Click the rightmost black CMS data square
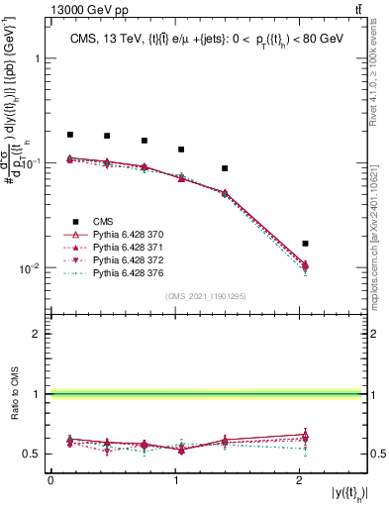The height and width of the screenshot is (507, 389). pyautogui.click(x=305, y=243)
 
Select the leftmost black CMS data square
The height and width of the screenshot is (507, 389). pyautogui.click(x=70, y=134)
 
